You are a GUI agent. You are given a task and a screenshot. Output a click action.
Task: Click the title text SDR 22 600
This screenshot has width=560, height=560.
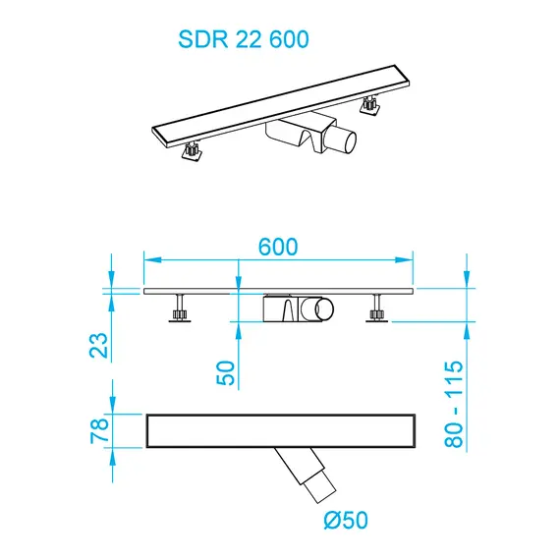(x=243, y=39)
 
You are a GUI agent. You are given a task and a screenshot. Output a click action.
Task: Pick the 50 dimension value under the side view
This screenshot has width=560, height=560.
(x=227, y=373)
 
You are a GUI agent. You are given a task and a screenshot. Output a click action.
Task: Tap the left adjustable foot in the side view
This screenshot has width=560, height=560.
(x=180, y=311)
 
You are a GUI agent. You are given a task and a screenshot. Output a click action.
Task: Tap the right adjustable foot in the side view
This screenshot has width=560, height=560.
(x=377, y=311)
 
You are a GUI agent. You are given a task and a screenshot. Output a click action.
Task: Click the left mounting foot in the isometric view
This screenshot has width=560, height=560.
(x=192, y=152)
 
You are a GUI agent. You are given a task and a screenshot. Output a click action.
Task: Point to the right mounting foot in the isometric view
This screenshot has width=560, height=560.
(x=370, y=104)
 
